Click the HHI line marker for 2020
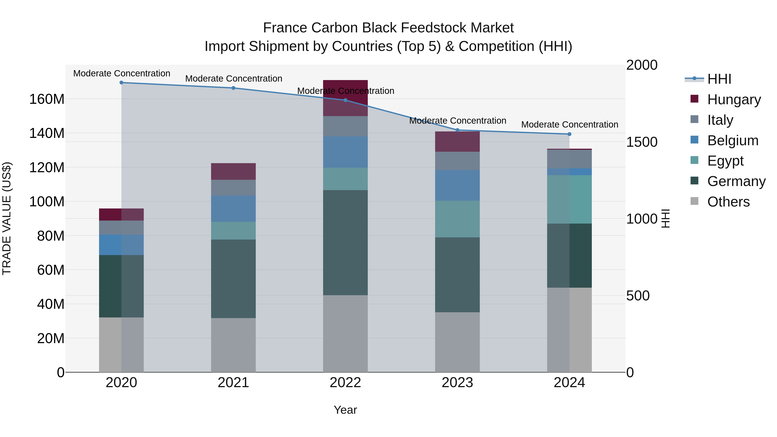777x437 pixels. point(121,83)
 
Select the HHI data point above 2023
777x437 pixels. point(457,130)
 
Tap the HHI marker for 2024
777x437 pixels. point(569,134)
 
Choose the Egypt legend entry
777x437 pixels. point(725,161)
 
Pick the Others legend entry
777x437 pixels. point(728,202)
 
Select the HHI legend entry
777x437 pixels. point(719,79)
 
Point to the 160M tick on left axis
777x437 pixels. point(47,99)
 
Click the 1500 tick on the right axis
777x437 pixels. point(642,142)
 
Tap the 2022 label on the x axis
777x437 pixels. point(345,383)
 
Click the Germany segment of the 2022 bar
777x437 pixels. point(345,243)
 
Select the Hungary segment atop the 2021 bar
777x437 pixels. point(233,171)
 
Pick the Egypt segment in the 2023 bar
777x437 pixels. point(457,219)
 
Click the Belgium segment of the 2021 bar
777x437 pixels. point(233,208)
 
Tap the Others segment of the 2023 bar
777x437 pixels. point(457,342)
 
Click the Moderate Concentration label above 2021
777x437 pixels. point(234,79)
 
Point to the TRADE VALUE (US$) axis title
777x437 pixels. point(7,218)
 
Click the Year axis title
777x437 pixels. point(345,410)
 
